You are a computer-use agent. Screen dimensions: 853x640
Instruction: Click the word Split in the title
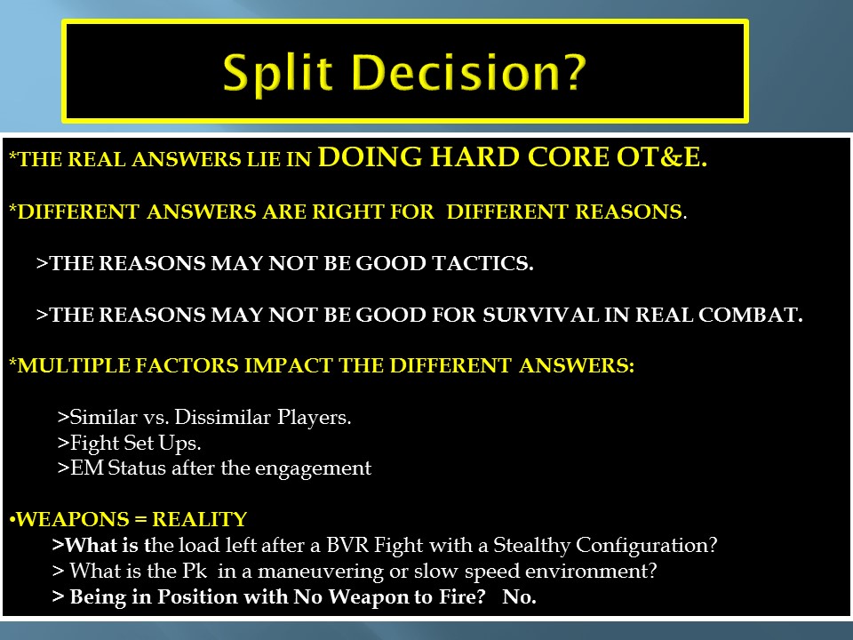point(277,74)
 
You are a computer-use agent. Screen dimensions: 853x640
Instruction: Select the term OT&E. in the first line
point(661,157)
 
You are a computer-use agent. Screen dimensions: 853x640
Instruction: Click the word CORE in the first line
point(568,157)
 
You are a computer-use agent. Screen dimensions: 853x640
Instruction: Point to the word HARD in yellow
point(474,157)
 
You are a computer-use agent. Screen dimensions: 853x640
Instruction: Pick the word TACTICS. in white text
point(482,263)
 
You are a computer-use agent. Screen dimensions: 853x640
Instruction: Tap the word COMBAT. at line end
point(750,315)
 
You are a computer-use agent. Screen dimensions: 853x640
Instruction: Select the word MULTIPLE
point(74,365)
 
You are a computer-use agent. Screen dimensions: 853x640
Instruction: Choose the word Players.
point(315,419)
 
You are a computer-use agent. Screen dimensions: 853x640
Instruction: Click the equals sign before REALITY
point(140,520)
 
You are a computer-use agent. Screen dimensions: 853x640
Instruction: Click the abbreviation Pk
point(195,571)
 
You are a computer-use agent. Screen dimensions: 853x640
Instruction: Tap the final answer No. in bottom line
point(520,597)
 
